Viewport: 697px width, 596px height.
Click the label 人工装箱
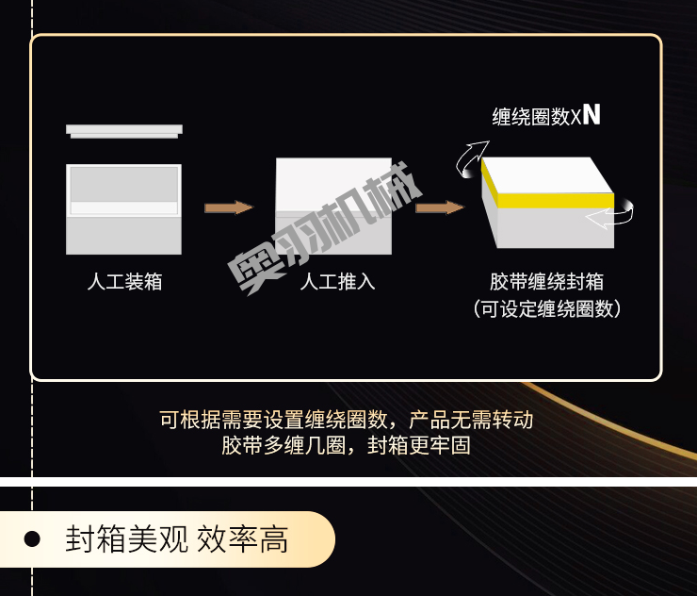(x=124, y=281)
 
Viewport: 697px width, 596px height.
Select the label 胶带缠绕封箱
(x=546, y=281)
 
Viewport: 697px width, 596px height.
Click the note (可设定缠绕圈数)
(x=546, y=308)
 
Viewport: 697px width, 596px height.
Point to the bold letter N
(x=592, y=115)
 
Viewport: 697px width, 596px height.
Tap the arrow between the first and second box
(x=229, y=207)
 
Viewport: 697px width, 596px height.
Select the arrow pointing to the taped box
(x=440, y=207)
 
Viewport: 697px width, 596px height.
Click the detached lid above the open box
(x=124, y=131)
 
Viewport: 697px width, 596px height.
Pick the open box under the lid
(x=123, y=209)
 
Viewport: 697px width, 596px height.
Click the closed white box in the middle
(x=333, y=206)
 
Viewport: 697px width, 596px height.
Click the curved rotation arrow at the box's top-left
(x=472, y=158)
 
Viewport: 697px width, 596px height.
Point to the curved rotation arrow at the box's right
(x=610, y=217)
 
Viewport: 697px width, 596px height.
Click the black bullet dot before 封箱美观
(x=32, y=540)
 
